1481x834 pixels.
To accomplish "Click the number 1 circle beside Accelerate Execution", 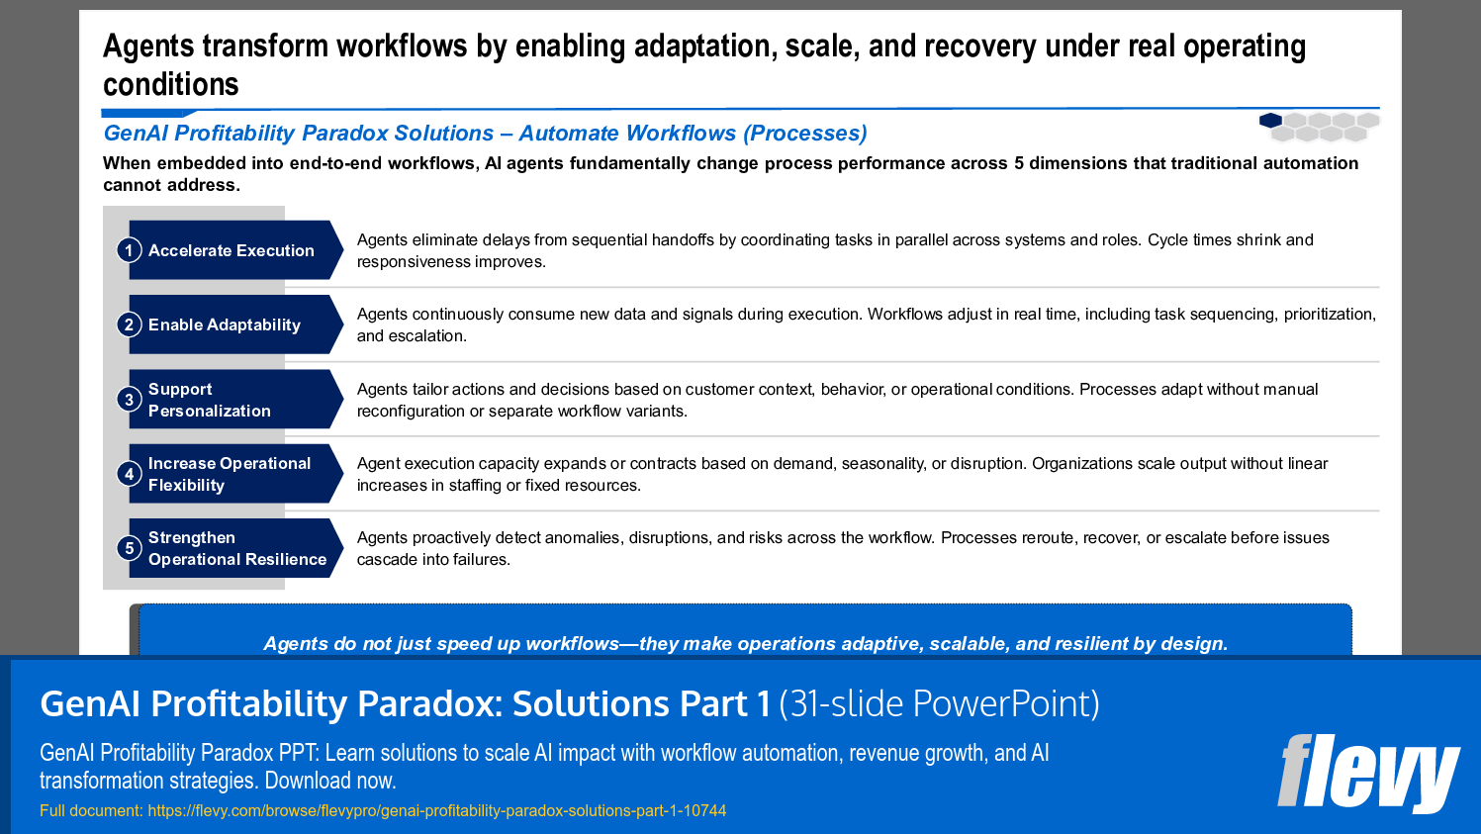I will [x=129, y=250].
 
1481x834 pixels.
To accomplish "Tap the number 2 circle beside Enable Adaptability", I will [x=129, y=324].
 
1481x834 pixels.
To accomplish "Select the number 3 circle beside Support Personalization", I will [x=129, y=400].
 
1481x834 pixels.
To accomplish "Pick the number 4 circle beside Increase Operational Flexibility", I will [x=129, y=474].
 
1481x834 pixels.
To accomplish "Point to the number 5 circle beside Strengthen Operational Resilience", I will [x=129, y=548].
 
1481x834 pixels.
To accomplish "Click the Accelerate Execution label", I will [x=231, y=250].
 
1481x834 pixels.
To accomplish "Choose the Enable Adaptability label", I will [x=224, y=324].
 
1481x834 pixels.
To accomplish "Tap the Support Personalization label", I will [x=209, y=400].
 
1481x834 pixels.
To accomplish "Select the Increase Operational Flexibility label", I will [x=229, y=474].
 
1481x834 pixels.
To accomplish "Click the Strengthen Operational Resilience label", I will [x=236, y=548].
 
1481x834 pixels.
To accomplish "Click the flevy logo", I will [x=1367, y=773].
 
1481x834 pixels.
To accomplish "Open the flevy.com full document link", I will [x=436, y=810].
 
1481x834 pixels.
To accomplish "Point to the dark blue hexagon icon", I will [x=1270, y=121].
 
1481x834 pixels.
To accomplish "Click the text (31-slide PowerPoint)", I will [x=939, y=703].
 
